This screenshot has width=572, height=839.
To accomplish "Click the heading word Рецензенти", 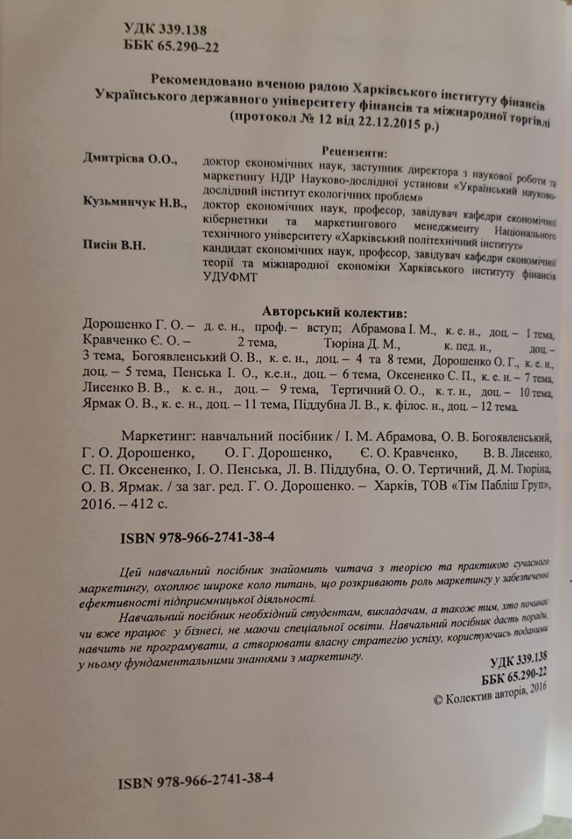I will point(355,151).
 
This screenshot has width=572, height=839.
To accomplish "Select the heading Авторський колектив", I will point(334,311).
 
